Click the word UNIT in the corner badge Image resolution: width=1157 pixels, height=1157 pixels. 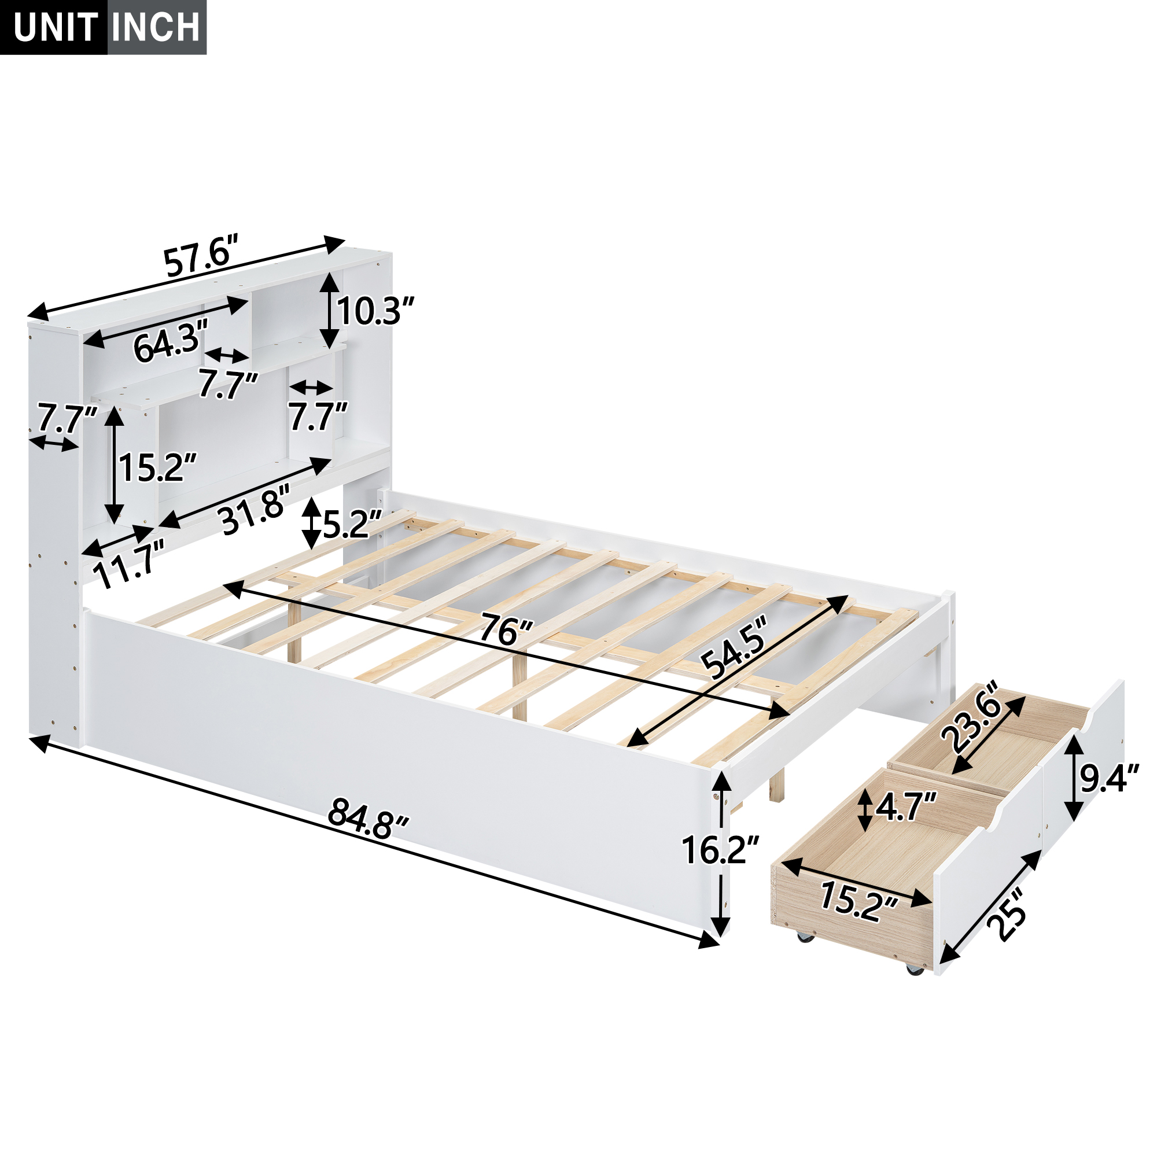tap(55, 27)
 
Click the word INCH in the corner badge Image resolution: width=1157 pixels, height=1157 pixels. tap(156, 27)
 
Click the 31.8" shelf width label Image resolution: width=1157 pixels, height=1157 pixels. tap(255, 510)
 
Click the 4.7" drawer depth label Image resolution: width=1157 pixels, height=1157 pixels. tap(905, 808)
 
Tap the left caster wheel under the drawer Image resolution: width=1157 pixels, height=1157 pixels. tap(803, 953)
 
